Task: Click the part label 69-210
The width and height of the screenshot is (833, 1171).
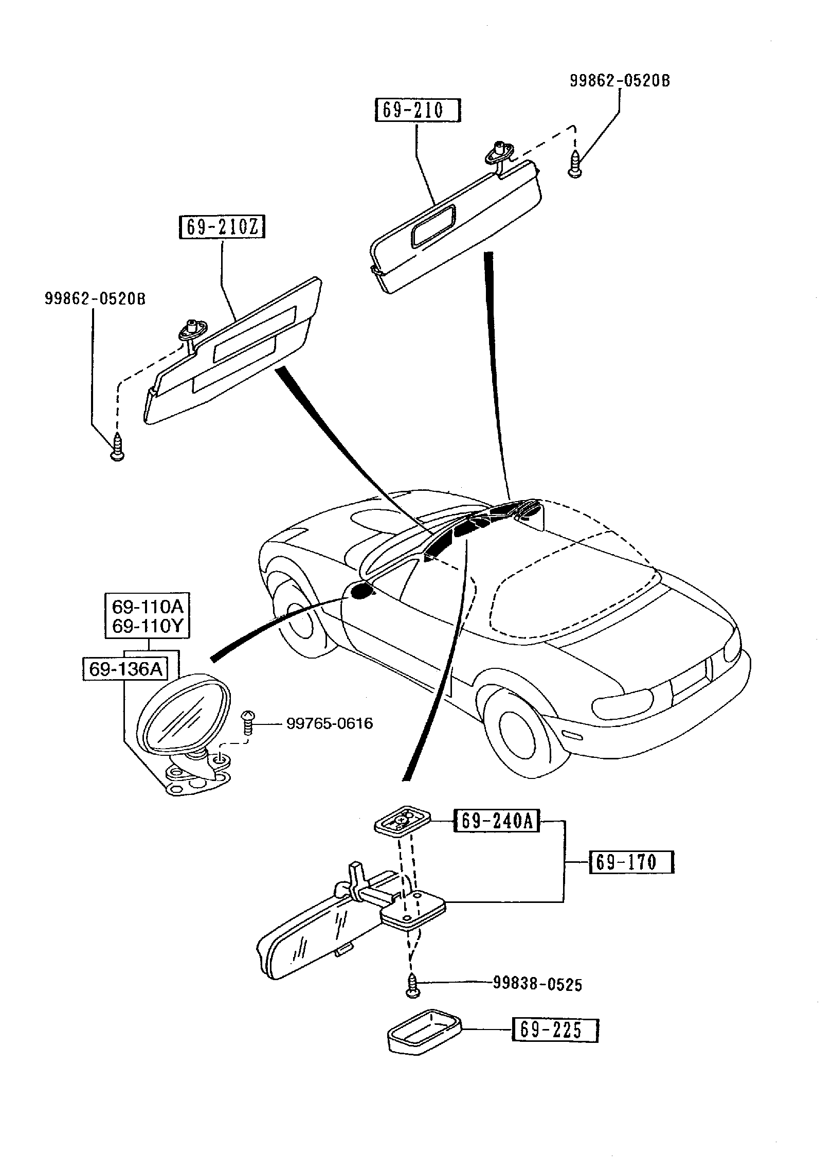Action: tap(418, 111)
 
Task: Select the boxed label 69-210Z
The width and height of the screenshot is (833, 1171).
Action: tap(222, 227)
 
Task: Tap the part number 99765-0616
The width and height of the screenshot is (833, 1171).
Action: tap(330, 723)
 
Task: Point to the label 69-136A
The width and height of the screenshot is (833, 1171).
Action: tap(125, 669)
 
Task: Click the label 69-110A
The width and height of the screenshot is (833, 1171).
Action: tap(148, 607)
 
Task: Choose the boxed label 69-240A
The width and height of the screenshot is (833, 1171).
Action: tap(497, 821)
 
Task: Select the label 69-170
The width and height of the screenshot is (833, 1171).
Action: tap(631, 862)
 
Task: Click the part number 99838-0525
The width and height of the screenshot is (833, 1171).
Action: tap(537, 984)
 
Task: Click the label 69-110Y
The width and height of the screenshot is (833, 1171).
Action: tap(148, 626)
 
